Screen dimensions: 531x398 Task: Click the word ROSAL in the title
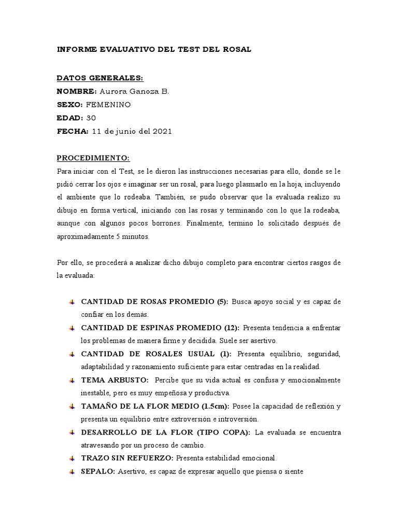pyautogui.click(x=237, y=49)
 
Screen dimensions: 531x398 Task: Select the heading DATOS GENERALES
pyautogui.click(x=99, y=78)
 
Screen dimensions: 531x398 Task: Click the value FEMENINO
pyautogui.click(x=108, y=105)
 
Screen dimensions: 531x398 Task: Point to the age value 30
pyautogui.click(x=91, y=118)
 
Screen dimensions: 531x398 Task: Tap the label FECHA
pyautogui.click(x=72, y=132)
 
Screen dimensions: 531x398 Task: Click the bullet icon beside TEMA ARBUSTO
pyautogui.click(x=72, y=381)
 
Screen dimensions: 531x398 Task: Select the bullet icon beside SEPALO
pyautogui.click(x=72, y=472)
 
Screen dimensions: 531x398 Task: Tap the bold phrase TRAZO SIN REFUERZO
pyautogui.click(x=127, y=458)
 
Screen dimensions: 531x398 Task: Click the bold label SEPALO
pyautogui.click(x=97, y=472)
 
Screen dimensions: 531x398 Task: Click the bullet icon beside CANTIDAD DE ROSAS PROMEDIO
pyautogui.click(x=72, y=302)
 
